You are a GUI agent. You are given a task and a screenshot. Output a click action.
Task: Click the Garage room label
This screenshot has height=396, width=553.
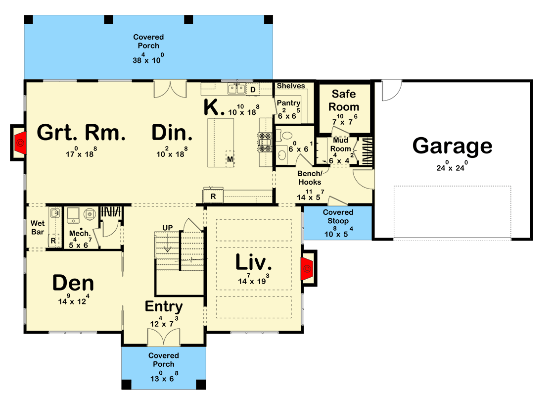452,146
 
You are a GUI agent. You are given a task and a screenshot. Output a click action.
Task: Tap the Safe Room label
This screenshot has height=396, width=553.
345,100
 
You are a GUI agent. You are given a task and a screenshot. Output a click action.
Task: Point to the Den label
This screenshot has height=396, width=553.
73,283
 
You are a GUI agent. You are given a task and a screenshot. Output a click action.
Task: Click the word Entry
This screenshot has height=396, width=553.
164,306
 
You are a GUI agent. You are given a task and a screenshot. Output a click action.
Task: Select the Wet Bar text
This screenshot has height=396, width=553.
38,227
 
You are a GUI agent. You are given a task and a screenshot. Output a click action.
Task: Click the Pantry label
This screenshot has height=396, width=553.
288,103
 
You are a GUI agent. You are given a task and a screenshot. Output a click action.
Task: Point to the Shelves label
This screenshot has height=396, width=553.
290,86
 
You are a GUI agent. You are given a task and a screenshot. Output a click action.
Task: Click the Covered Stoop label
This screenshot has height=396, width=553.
338,216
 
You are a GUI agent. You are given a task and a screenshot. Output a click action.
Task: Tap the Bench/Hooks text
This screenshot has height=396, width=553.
310,178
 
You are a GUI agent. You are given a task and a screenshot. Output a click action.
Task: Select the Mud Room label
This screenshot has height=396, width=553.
341,145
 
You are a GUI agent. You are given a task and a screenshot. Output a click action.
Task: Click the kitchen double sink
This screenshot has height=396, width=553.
236,89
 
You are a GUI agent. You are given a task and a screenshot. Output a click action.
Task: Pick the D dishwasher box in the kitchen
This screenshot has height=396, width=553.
252,90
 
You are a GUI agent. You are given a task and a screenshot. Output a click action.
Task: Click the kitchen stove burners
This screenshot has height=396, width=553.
263,142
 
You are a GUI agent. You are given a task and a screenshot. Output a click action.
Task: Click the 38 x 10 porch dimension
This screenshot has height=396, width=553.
148,59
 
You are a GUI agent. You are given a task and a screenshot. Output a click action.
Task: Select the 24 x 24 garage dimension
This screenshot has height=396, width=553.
452,167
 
